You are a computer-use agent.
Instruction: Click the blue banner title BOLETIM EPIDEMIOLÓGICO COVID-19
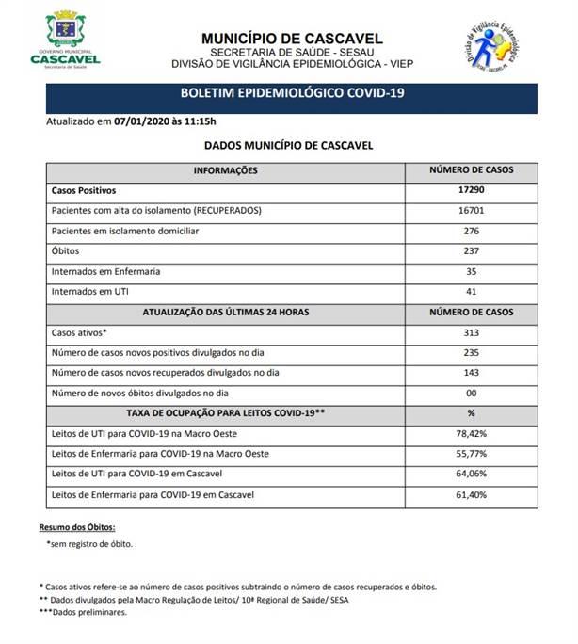pyautogui.click(x=293, y=94)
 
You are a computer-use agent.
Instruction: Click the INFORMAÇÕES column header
pyautogui.click(x=225, y=170)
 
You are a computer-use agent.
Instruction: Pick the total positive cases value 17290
pyautogui.click(x=471, y=190)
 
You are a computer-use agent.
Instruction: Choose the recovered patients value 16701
pyautogui.click(x=471, y=210)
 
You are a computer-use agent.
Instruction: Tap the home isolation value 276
pyautogui.click(x=471, y=231)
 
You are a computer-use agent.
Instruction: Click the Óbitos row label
pyautogui.click(x=65, y=251)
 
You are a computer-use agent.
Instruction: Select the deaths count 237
pyautogui.click(x=471, y=251)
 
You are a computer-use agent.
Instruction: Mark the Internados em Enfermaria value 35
pyautogui.click(x=471, y=272)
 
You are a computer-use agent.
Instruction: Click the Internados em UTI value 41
pyautogui.click(x=471, y=292)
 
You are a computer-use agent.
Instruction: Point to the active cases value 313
pyautogui.click(x=471, y=333)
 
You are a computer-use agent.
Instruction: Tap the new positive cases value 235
pyautogui.click(x=471, y=353)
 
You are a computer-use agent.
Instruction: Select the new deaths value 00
pyautogui.click(x=471, y=394)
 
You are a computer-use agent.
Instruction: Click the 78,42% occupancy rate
pyautogui.click(x=471, y=435)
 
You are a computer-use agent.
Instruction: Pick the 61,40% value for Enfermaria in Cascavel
pyautogui.click(x=471, y=494)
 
